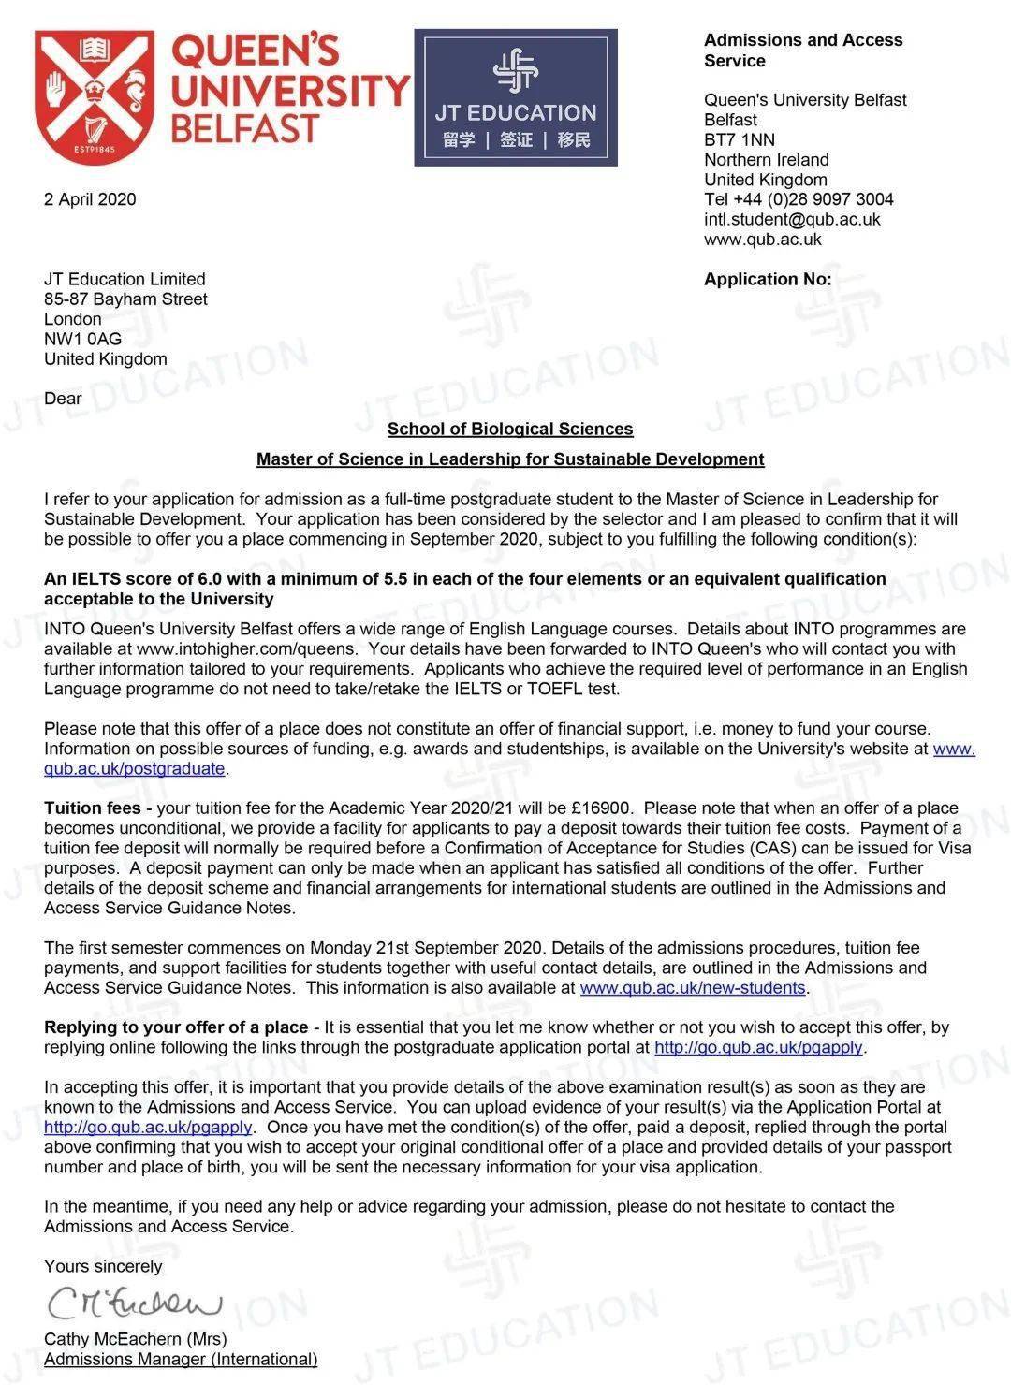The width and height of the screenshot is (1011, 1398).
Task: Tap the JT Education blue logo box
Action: point(516,98)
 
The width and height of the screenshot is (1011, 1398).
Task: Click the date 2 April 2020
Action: point(90,199)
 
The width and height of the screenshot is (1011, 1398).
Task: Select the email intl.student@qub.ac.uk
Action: point(792,220)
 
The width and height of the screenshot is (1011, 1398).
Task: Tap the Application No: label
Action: point(768,279)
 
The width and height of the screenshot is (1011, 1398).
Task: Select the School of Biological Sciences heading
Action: point(510,430)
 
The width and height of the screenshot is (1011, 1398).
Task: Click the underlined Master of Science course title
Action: point(510,459)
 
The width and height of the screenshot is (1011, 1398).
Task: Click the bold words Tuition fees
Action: point(92,808)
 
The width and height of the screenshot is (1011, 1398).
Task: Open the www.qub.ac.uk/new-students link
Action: point(693,988)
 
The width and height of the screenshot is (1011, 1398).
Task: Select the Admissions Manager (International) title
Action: point(181,1359)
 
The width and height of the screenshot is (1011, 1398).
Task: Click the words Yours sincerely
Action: point(103,1267)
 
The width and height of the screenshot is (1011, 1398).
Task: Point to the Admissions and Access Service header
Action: point(803,51)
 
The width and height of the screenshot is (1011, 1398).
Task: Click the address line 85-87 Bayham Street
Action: point(125,299)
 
